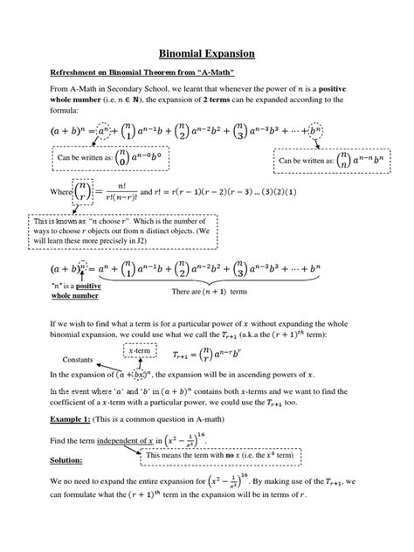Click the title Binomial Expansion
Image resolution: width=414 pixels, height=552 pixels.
point(206,54)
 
